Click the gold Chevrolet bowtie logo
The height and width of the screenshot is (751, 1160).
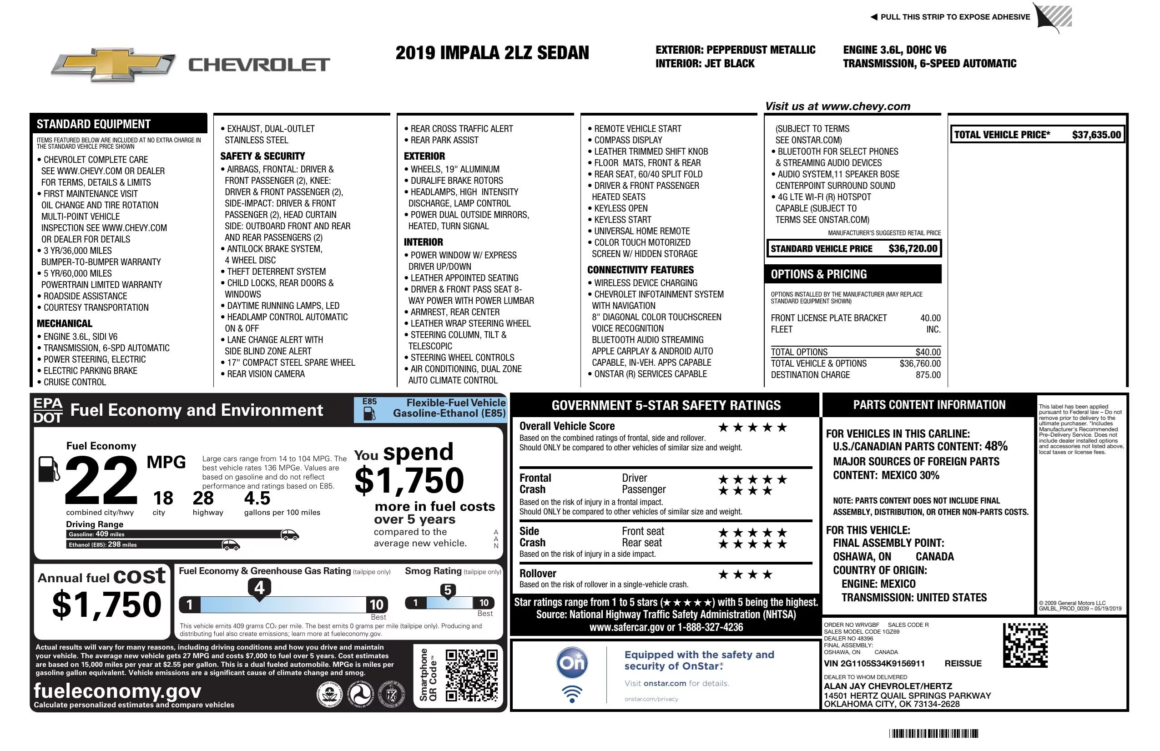tap(113, 65)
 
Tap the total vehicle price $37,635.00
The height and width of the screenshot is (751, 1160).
tap(1096, 135)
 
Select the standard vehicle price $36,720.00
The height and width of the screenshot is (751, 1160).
tap(913, 248)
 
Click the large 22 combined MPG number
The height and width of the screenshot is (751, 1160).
tap(101, 480)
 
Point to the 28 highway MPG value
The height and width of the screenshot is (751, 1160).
tap(203, 498)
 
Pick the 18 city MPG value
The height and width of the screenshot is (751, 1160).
tap(163, 498)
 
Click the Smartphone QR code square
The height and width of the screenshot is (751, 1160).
tap(471, 675)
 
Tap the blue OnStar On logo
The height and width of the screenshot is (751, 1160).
tap(572, 663)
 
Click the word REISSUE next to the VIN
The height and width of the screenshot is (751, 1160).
tap(963, 663)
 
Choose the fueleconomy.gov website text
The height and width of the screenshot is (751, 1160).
tap(117, 691)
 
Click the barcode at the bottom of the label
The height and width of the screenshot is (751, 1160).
tap(933, 733)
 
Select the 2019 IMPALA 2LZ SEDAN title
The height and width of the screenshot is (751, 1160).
tap(492, 53)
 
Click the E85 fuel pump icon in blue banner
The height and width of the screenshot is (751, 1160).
tap(369, 414)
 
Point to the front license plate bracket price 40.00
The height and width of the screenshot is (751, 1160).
tap(930, 318)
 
